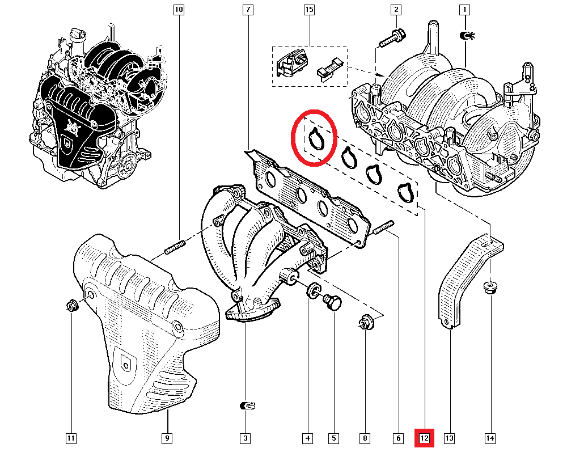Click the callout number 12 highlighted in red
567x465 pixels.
point(425,438)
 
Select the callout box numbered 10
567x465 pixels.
point(179,10)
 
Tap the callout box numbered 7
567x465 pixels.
point(248,10)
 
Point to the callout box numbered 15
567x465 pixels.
point(309,10)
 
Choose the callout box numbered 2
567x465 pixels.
point(396,10)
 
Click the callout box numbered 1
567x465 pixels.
point(465,10)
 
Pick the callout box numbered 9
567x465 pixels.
point(167,438)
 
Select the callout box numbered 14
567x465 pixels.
point(490,438)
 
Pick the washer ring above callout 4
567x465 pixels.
point(312,293)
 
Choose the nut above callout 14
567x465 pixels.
point(490,287)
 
